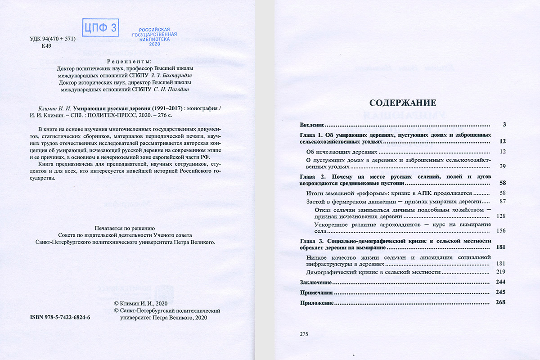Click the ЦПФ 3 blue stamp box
(x=100, y=28)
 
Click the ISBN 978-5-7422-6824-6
(x=60, y=317)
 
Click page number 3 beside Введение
(x=505, y=124)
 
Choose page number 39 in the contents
(x=503, y=166)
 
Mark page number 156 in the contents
(x=501, y=230)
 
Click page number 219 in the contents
(x=501, y=272)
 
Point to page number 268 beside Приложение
(x=501, y=302)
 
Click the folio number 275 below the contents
(x=304, y=334)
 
